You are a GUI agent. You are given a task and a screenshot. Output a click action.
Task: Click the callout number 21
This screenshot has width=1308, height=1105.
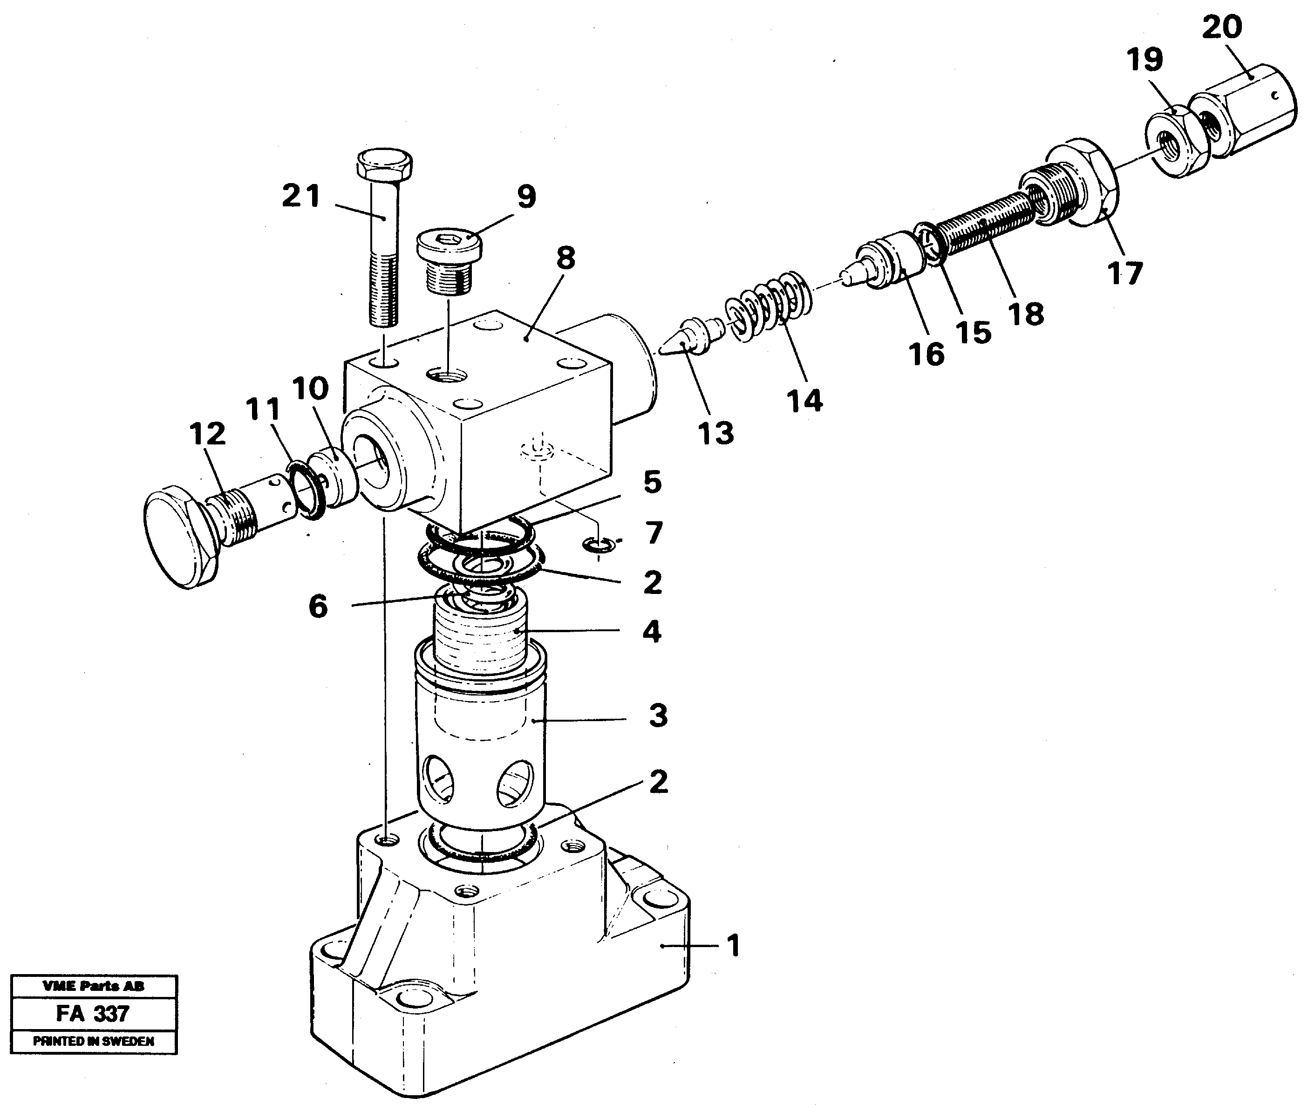coord(301,196)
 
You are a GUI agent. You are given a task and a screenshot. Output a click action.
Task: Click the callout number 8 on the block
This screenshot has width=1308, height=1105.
coord(565,258)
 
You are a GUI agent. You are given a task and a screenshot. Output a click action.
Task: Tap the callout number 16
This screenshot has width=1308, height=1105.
coord(926,355)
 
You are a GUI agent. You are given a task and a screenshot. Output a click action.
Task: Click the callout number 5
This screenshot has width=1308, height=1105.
coord(652,482)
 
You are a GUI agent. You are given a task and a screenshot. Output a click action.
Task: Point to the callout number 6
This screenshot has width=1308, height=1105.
coord(318,607)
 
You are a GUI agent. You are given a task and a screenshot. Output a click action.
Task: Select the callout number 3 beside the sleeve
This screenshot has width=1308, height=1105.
coord(658,716)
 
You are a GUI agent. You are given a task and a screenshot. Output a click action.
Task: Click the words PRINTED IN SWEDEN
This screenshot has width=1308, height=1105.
coord(93,1041)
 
